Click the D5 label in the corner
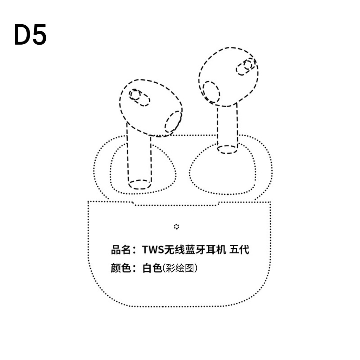pos(30,35)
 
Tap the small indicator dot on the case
pos(176,226)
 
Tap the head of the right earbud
pos(229,76)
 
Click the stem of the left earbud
pos(139,158)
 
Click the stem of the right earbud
pos(227,127)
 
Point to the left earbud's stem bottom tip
pos(140,185)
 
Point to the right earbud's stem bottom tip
pos(227,149)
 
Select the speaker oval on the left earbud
pos(173,122)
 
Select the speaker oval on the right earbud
pos(212,92)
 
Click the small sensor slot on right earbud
pos(246,67)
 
